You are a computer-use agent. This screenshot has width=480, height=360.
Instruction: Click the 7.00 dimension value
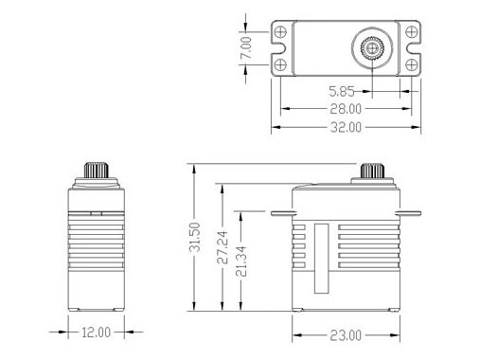point(246,47)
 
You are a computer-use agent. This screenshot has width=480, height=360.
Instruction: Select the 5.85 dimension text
point(342,92)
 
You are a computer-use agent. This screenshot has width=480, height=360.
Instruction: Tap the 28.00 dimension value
point(346,109)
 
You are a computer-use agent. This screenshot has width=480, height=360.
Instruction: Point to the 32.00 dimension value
point(346,127)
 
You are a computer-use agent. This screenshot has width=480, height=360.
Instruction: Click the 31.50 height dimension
point(195,237)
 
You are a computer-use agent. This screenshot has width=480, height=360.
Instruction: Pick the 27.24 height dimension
point(222,247)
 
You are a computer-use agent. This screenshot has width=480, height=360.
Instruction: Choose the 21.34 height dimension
point(241,261)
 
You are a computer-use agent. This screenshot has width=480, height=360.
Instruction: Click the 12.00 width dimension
point(97,333)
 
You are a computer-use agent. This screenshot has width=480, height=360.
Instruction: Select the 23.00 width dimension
point(346,335)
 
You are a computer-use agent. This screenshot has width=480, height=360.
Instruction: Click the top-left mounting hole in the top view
point(280,32)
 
